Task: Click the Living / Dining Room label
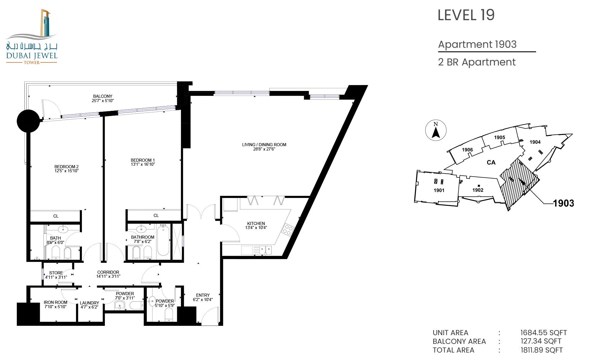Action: (264, 145)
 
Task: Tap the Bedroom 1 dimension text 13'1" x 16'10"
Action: (143, 164)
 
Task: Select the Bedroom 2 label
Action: (66, 167)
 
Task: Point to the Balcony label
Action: (103, 96)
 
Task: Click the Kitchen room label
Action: (256, 223)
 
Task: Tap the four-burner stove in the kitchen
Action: (287, 230)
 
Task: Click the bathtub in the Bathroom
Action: (163, 241)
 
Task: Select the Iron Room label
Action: (56, 302)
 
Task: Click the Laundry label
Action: (89, 303)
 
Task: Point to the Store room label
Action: (56, 273)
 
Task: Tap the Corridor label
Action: (108, 272)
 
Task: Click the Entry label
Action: (203, 295)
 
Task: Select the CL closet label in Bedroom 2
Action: (56, 216)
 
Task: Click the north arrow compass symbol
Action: (436, 130)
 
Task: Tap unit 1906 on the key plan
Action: (467, 150)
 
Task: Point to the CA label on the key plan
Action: (491, 162)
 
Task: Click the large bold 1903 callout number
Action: (564, 203)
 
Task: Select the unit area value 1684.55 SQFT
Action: (544, 333)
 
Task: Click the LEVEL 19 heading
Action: (466, 15)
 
